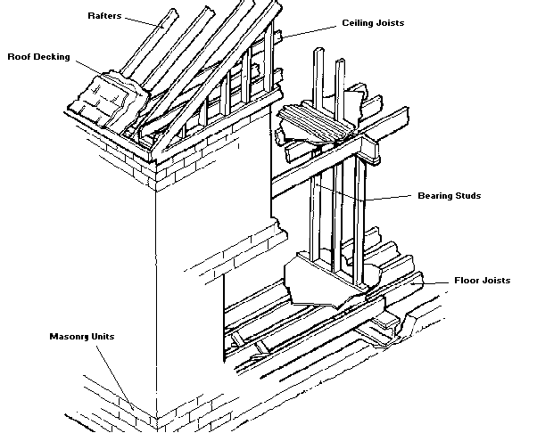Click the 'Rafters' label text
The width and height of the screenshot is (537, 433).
109,15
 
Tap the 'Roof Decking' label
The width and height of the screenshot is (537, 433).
38,56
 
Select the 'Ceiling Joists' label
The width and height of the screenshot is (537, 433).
373,22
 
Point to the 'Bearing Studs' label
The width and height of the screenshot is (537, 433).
449,196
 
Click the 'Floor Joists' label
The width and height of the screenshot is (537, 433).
481,280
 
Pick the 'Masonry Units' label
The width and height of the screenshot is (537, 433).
83,337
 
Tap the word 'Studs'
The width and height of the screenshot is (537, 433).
467,196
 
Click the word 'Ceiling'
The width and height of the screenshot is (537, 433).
358,22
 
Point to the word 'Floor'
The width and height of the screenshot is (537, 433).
466,280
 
